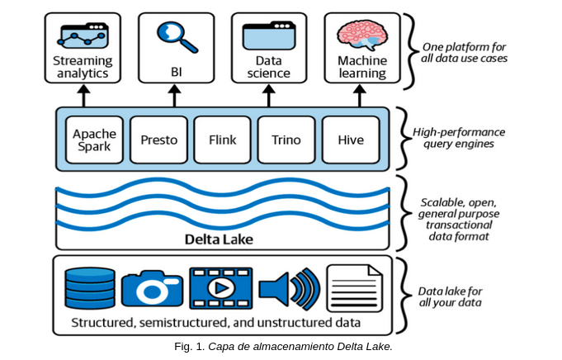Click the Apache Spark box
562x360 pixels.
pyautogui.click(x=94, y=140)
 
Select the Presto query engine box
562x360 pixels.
pyautogui.click(x=158, y=140)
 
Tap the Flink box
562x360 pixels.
pyautogui.click(x=223, y=140)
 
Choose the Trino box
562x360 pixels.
pyautogui.click(x=286, y=140)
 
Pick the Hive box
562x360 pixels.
pyautogui.click(x=351, y=140)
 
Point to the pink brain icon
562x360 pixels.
pyautogui.click(x=362, y=36)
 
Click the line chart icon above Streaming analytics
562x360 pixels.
pyautogui.click(x=83, y=36)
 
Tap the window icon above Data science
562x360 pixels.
pyautogui.click(x=269, y=36)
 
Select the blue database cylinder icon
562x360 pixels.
pyautogui.click(x=90, y=288)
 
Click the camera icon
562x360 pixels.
pyautogui.click(x=153, y=289)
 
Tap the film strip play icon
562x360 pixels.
pyautogui.click(x=221, y=288)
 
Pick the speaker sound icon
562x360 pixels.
pyautogui.click(x=290, y=289)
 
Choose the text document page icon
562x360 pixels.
pyautogui.click(x=355, y=288)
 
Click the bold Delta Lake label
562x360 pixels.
pyautogui.click(x=219, y=239)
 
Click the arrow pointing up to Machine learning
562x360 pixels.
pyautogui.click(x=360, y=96)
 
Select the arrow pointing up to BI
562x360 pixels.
pyautogui.click(x=175, y=96)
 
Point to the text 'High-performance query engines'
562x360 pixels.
pyautogui.click(x=459, y=138)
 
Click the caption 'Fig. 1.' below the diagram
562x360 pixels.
pyautogui.click(x=190, y=347)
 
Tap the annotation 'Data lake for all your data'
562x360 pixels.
pyautogui.click(x=450, y=297)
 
